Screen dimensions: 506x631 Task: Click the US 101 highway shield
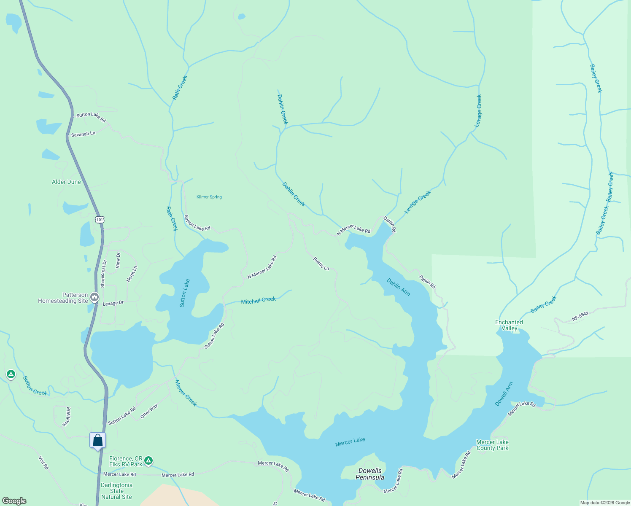coord(99,220)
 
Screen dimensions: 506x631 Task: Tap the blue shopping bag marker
coord(97,441)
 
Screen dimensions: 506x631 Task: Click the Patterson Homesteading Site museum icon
coord(94,297)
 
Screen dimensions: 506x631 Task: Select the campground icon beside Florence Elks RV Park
coord(148,460)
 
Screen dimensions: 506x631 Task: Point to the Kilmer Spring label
coord(209,197)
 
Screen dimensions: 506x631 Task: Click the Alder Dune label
coord(66,182)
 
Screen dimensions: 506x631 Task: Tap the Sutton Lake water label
coord(185,293)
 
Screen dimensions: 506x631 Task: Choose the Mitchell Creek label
coord(258,300)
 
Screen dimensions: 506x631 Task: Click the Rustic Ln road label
coord(321,264)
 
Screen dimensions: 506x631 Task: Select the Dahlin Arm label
coord(398,287)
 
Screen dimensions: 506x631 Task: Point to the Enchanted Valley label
coord(509,325)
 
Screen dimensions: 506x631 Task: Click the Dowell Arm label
coord(504,394)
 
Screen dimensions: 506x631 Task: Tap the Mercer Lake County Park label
coord(492,445)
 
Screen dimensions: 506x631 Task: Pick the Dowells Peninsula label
coord(370,474)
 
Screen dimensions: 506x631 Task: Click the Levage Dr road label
coord(113,303)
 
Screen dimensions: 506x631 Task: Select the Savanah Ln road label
coord(83,134)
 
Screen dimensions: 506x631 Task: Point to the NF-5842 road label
coord(580,317)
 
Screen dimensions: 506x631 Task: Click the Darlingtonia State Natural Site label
coord(116,491)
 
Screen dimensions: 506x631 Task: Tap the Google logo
coord(14,501)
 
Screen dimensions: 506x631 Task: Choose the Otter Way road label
coord(149,411)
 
